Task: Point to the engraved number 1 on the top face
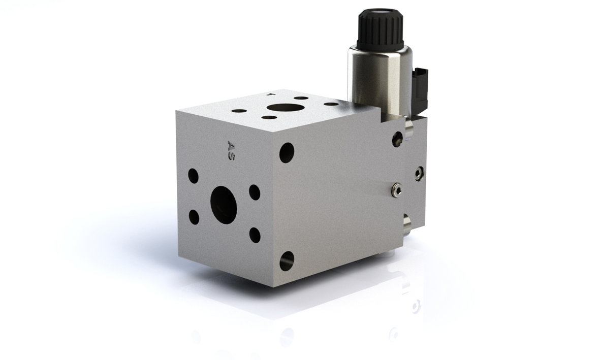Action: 271,93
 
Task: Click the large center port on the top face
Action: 284,108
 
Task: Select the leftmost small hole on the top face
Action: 239,111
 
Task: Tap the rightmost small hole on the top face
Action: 330,103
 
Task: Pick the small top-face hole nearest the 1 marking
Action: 302,97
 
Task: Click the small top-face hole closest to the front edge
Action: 270,117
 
